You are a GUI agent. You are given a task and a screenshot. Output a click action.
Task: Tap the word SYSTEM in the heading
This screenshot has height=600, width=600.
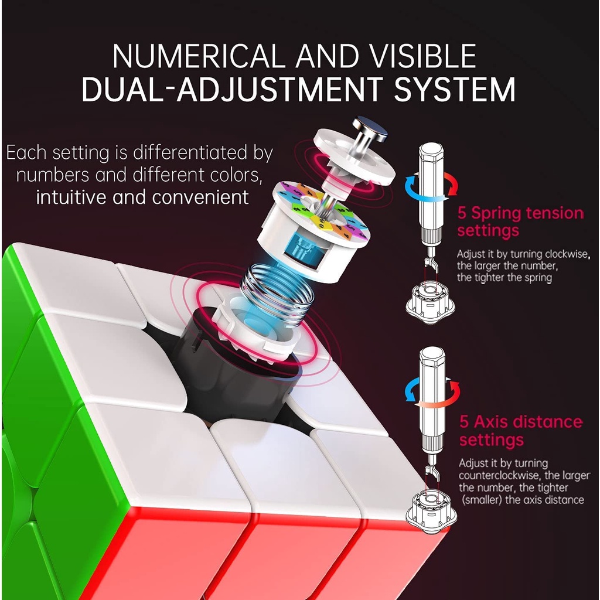pyautogui.click(x=455, y=89)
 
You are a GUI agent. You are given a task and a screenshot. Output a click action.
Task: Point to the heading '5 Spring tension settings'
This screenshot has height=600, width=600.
pyautogui.click(x=520, y=221)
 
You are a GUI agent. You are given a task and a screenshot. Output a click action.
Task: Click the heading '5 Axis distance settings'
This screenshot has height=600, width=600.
pyautogui.click(x=521, y=431)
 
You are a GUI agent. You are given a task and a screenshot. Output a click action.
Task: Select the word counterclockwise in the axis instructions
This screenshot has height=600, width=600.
pyautogui.click(x=500, y=475)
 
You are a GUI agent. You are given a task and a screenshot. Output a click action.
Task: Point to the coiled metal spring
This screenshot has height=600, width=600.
pyautogui.click(x=277, y=291)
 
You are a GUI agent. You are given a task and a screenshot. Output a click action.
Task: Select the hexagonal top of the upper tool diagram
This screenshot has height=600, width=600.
pyautogui.click(x=431, y=152)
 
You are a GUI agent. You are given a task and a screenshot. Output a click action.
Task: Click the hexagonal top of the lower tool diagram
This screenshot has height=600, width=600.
pyautogui.click(x=432, y=356)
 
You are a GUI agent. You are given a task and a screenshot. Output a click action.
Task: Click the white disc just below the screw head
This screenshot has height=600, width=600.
pyautogui.click(x=354, y=161)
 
